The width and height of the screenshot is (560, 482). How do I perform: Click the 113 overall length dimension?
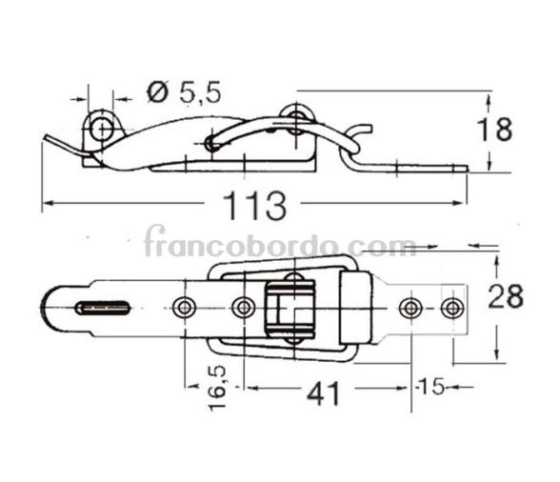pos(254,206)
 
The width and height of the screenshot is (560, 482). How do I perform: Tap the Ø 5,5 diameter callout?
pos(184,92)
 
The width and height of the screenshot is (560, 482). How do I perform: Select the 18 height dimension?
pos(494,130)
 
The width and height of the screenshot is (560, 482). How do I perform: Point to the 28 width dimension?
pos(506,296)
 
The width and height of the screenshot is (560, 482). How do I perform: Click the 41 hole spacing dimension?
pos(324,393)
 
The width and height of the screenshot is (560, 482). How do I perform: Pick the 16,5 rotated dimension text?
pos(217,388)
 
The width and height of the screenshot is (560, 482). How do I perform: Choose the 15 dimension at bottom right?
pos(432,386)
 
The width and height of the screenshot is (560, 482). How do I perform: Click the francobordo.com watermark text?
pos(280,242)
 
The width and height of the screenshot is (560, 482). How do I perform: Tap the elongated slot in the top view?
pos(103,308)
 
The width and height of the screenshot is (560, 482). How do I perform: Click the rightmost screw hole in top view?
pos(453,308)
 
